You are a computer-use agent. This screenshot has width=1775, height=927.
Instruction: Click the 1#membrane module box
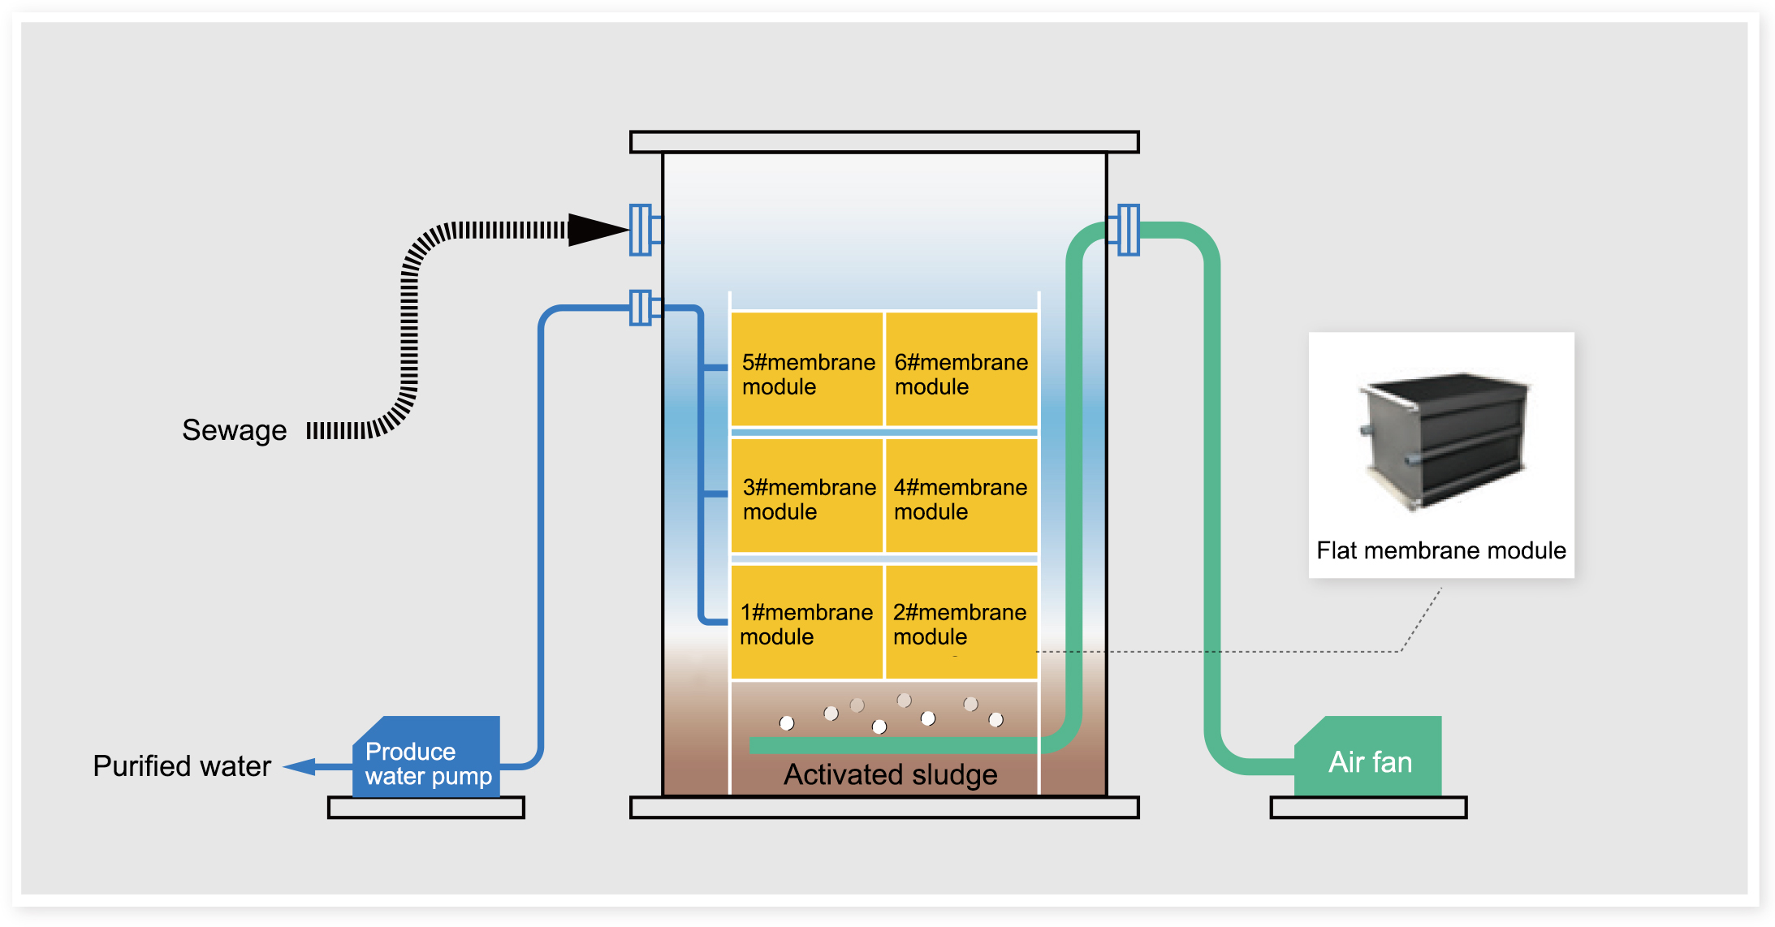(x=806, y=623)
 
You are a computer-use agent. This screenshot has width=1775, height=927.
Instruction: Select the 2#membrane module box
(x=961, y=623)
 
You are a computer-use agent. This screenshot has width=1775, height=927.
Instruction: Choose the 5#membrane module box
(x=806, y=370)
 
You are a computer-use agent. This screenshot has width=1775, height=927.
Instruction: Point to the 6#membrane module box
(x=961, y=370)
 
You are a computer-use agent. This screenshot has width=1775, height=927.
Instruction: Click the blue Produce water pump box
(x=428, y=759)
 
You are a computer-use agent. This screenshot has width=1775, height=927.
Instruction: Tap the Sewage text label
(x=234, y=430)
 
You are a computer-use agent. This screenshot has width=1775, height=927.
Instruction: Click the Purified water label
(x=182, y=766)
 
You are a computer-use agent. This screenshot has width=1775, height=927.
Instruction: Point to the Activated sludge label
(x=890, y=775)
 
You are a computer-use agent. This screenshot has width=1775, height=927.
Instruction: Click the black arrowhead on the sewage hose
(x=597, y=230)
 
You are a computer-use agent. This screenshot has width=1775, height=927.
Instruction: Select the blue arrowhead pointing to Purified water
(x=300, y=766)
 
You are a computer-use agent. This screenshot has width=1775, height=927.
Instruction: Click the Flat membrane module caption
(x=1440, y=550)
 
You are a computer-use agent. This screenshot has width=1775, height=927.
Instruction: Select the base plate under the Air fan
(x=1368, y=808)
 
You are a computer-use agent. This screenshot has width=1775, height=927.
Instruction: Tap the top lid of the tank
(x=884, y=142)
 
